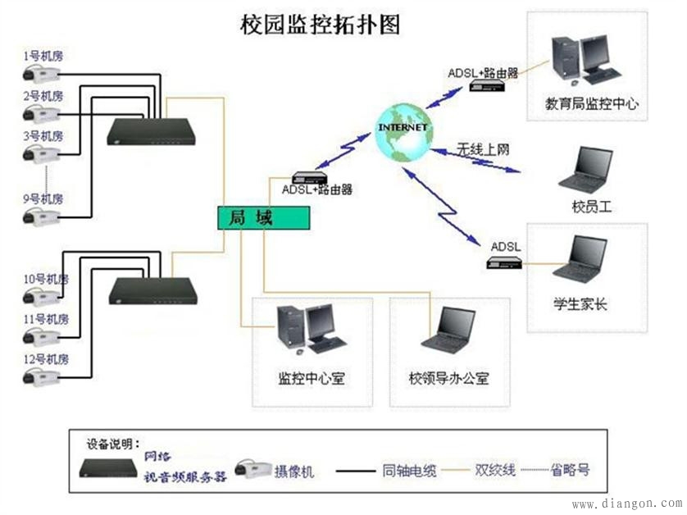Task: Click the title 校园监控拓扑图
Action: (320, 24)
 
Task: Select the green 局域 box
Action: (263, 217)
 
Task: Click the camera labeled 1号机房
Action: (41, 75)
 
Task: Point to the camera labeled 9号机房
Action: (41, 216)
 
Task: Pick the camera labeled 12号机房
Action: (41, 376)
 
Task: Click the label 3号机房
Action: (43, 135)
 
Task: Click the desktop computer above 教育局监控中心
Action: (585, 61)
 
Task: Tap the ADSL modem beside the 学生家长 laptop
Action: (505, 262)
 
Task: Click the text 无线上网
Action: (484, 149)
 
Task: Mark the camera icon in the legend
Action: (253, 470)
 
